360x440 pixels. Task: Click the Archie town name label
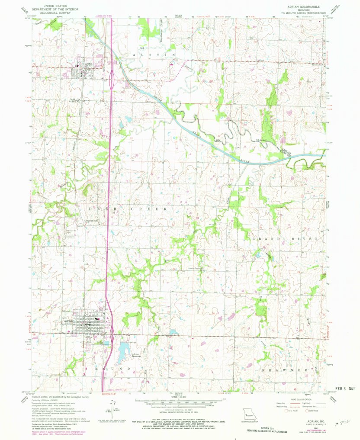(89, 64)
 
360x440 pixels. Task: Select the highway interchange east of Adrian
(112, 333)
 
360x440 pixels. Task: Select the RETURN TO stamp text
(264, 429)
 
